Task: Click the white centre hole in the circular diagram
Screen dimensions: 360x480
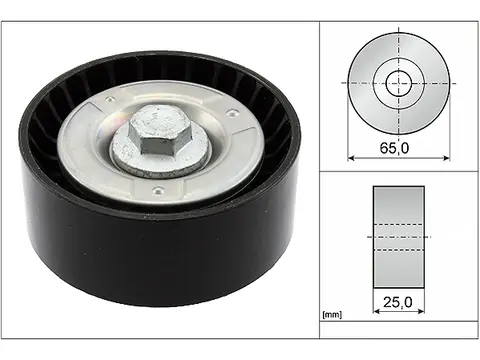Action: pos(399,82)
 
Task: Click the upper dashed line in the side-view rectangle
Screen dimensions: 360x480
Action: pos(398,236)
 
